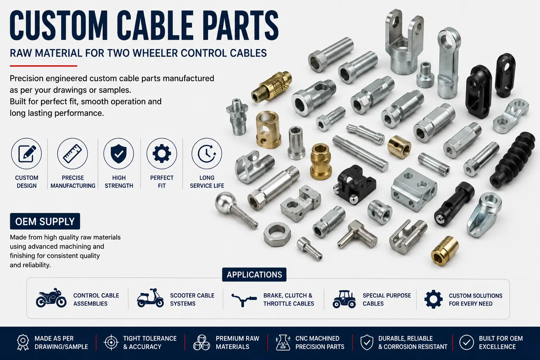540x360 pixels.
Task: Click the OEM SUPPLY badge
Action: (45, 221)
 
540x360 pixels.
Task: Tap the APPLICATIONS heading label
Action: (254, 275)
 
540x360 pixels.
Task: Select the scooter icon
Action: (150, 298)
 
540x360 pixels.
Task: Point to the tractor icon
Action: (344, 299)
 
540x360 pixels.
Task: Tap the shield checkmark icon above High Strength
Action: (118, 153)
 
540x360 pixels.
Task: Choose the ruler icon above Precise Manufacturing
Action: (72, 154)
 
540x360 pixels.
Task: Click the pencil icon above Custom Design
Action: (27, 154)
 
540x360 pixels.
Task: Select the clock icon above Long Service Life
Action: (207, 154)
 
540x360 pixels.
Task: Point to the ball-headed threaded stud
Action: (235, 210)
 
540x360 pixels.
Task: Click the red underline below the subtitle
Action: (43, 66)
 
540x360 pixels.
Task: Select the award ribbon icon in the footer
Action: (23, 342)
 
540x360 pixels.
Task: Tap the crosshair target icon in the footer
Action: (111, 342)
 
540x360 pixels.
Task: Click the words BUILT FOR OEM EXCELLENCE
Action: (501, 342)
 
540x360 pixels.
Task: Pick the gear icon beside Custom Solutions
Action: (433, 299)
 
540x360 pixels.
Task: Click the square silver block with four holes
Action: (414, 189)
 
